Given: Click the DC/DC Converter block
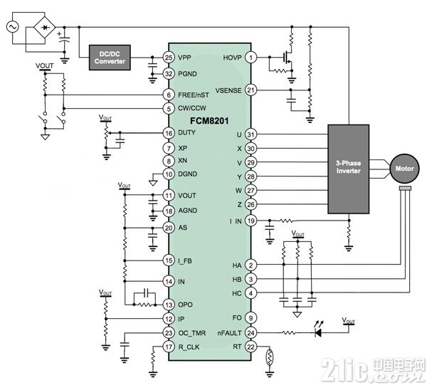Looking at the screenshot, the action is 110,58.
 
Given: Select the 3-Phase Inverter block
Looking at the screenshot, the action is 348,169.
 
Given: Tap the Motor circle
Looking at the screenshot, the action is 404,168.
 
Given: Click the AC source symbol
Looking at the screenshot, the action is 12,27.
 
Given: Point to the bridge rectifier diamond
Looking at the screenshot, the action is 44,27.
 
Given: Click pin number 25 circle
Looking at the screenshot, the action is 169,58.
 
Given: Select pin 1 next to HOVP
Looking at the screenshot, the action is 251,58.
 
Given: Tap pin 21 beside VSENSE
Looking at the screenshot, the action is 251,90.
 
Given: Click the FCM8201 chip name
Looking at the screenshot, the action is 209,120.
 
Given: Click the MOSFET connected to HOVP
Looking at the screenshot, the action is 288,58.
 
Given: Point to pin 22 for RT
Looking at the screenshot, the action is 251,347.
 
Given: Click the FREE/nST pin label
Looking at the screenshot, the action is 194,95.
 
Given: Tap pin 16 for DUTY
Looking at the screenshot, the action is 169,133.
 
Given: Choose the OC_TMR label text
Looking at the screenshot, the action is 191,333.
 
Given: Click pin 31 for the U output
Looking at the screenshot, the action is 251,135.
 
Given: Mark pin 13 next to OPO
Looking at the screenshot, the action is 169,305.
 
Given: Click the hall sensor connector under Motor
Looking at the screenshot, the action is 405,188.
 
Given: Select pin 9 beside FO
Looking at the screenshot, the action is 251,317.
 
